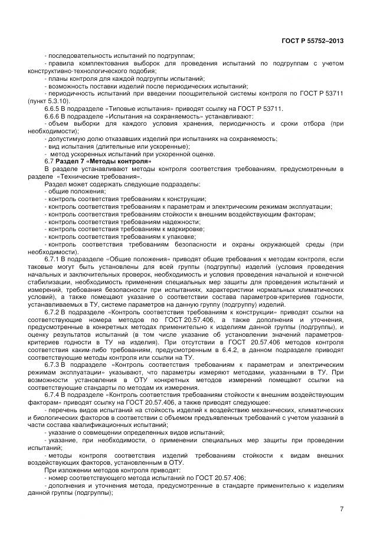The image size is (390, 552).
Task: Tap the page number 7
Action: click(x=342, y=508)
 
